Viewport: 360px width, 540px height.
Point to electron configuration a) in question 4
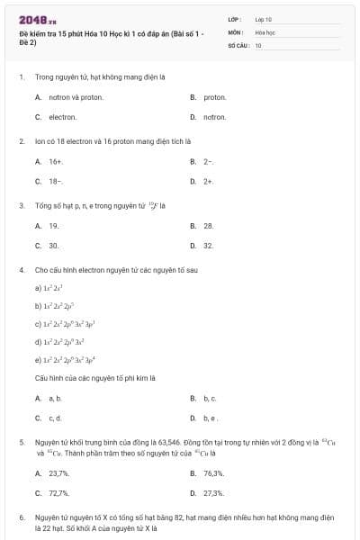tap(49, 287)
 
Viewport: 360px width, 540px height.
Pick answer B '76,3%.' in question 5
tap(213, 472)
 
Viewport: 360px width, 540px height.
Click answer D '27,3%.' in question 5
tap(213, 493)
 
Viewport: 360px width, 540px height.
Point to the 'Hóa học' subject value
tap(264, 31)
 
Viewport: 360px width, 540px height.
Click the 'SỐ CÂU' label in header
tap(238, 44)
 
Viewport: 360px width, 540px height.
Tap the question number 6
tap(22, 518)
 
